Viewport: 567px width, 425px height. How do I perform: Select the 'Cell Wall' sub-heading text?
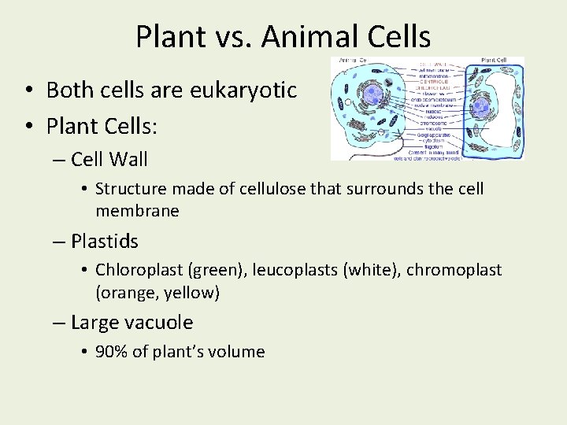click(109, 159)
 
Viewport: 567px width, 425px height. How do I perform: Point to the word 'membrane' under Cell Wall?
click(137, 211)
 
